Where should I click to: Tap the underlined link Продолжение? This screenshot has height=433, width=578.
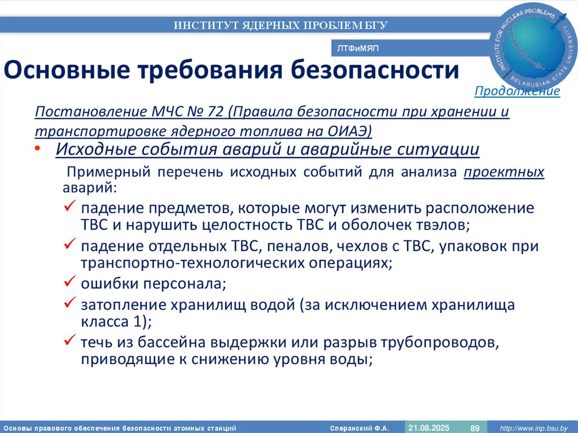517,91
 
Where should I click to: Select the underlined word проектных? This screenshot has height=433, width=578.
504,172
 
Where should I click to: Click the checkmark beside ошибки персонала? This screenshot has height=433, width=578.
70,281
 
